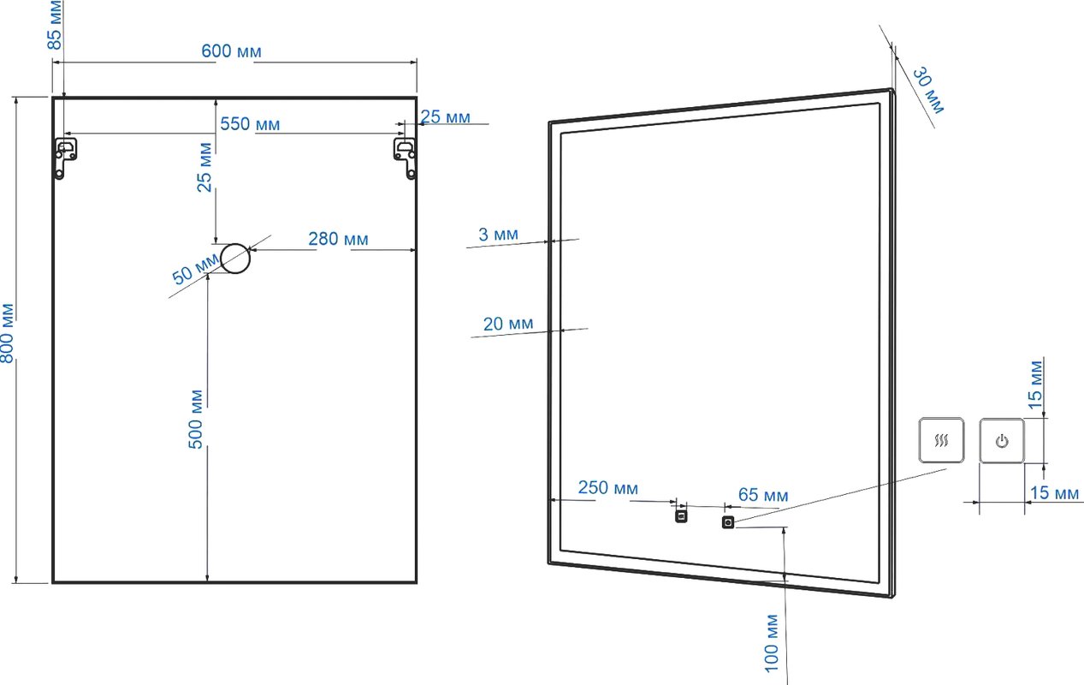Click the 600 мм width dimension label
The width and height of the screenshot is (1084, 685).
point(231,51)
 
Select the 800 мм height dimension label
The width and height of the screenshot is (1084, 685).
point(7,333)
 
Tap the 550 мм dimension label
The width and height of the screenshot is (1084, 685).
point(250,124)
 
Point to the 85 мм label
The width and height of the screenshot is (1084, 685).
point(55,25)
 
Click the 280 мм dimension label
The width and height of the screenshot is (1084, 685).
point(338,239)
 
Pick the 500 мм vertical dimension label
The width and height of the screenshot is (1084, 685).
point(196,420)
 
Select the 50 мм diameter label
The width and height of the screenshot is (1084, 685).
point(196,269)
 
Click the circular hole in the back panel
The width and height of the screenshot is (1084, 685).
point(235,259)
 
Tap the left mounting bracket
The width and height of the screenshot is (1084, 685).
point(65,158)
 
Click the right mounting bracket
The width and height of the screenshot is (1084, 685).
point(405,158)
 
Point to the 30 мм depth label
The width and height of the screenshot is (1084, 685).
point(928,91)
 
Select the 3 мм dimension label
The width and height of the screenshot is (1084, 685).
point(498,235)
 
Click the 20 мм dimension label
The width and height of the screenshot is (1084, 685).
point(508,324)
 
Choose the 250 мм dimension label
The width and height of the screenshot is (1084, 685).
point(607,487)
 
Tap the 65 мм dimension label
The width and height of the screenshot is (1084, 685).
point(763,495)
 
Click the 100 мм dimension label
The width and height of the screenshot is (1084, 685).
point(772,643)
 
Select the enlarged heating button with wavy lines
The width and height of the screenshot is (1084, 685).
point(941,440)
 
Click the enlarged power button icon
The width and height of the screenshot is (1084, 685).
point(1002,441)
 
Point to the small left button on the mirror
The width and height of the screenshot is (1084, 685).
point(681,516)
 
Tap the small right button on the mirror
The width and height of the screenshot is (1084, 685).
point(728,522)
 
